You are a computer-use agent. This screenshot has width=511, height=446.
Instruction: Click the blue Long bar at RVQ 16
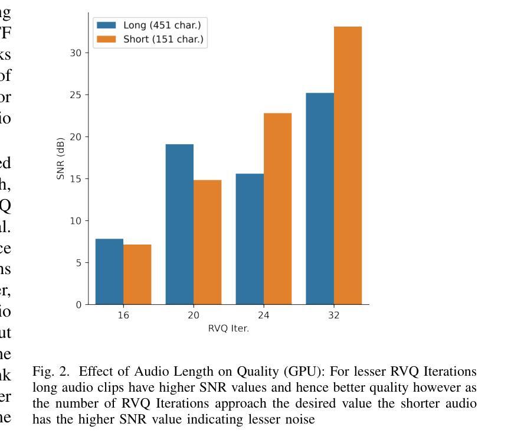(109, 272)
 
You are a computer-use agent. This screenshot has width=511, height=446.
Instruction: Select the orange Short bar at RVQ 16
(137, 275)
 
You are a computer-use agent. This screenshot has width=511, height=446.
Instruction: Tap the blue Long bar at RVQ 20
(179, 224)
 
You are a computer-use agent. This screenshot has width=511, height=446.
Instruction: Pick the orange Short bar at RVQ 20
(207, 242)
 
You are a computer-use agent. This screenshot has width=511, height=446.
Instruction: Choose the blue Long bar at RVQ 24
(250, 239)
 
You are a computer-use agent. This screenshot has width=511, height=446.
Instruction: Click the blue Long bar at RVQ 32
(320, 198)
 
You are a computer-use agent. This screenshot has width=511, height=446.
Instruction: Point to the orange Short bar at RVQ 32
(348, 165)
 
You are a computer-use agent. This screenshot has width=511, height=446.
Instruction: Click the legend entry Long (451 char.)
(151, 25)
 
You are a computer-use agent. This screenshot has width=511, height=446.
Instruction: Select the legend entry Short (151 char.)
(151, 40)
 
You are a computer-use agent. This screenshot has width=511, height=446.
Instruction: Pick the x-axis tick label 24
(264, 315)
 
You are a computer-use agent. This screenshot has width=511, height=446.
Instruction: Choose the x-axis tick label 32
(334, 315)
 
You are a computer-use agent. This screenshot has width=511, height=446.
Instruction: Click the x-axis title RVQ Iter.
(228, 328)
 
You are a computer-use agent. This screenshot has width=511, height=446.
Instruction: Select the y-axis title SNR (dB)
(61, 158)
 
